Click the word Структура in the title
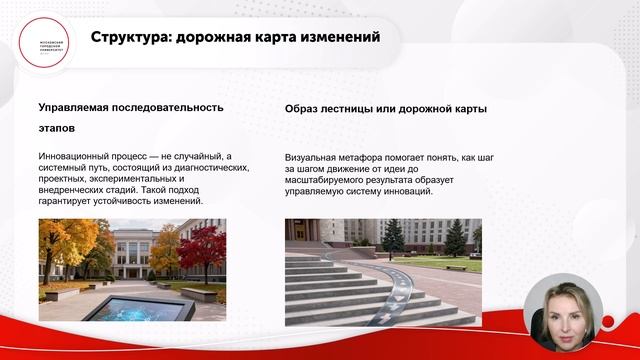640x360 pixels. [127, 39]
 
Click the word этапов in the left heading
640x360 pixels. [58, 129]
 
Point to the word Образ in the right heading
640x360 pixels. [304, 108]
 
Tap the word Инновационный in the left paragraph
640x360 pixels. [79, 157]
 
